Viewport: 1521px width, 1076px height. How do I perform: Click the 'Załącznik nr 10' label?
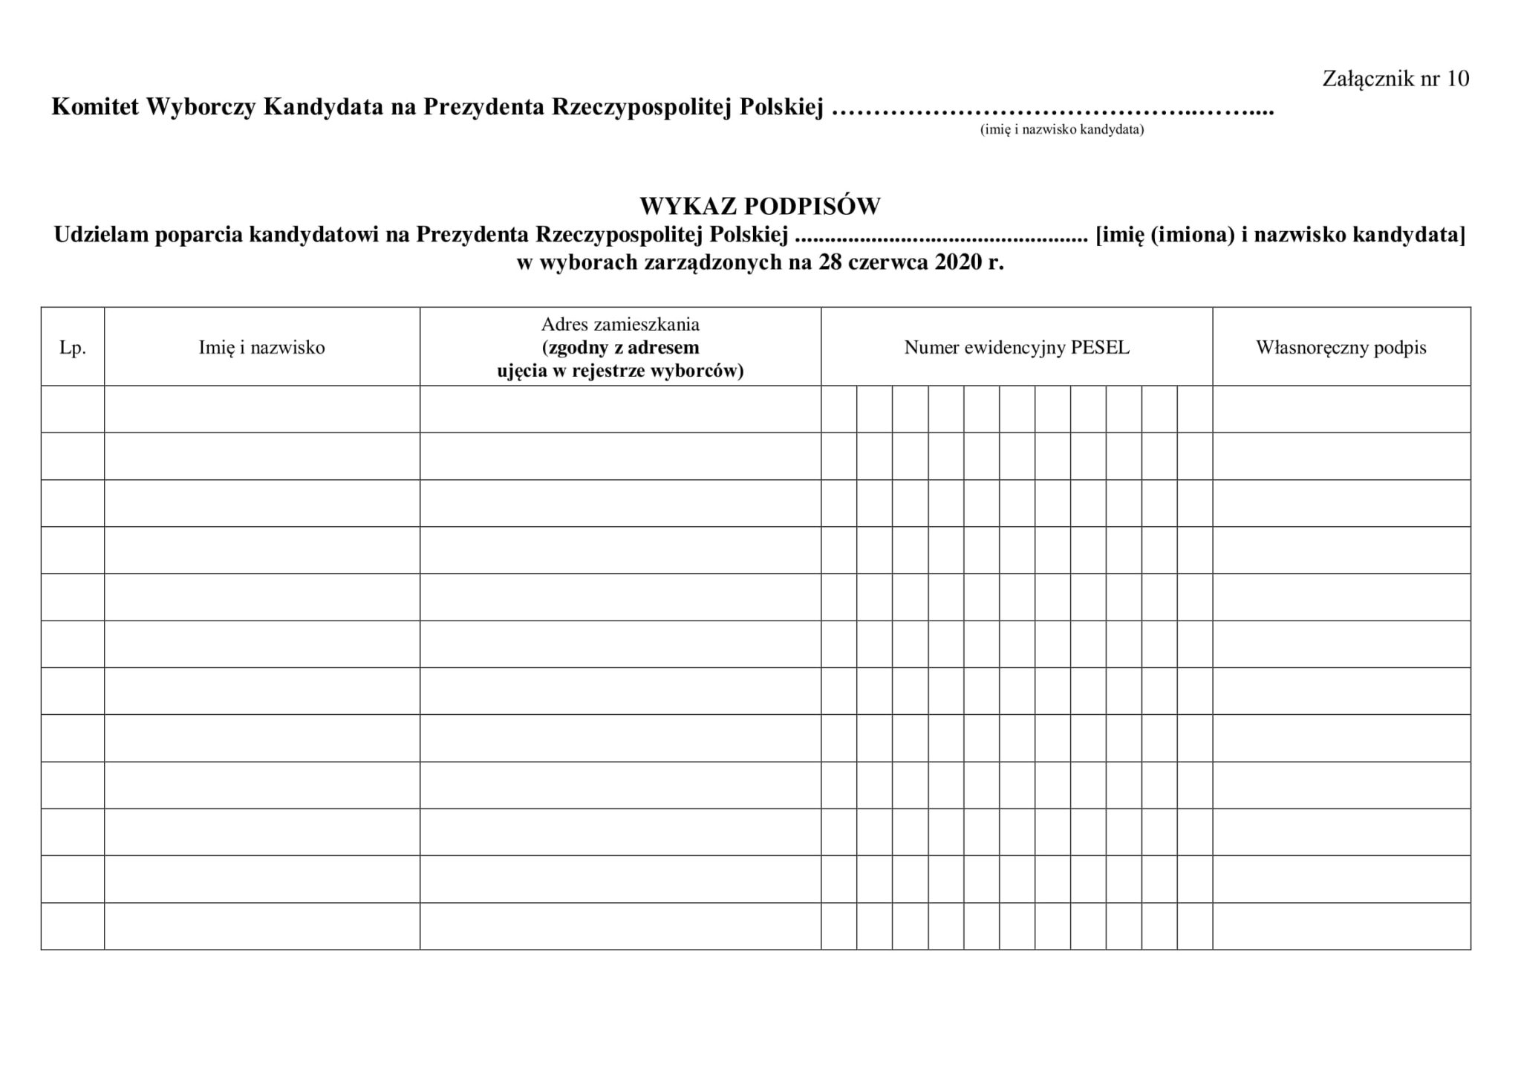point(1395,79)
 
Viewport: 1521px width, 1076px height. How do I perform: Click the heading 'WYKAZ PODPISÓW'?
point(760,206)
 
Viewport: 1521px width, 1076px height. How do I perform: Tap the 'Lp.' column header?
point(73,348)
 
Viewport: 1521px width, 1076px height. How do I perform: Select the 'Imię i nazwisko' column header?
point(261,348)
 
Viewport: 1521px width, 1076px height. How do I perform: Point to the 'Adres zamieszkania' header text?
point(620,325)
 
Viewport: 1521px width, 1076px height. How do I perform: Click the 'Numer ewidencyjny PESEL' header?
point(1016,348)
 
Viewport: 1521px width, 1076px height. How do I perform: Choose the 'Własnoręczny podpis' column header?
point(1341,348)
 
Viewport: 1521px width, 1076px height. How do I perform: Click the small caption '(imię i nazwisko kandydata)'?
point(1061,130)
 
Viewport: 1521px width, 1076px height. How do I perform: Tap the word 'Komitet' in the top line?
point(94,108)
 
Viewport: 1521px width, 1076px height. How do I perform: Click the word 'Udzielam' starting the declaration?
point(101,235)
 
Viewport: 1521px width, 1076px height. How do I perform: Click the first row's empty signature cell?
point(1341,409)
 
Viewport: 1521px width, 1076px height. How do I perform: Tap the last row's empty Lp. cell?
point(73,926)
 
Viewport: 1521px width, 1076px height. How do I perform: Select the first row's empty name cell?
point(261,409)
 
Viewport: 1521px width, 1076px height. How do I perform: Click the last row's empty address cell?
point(620,926)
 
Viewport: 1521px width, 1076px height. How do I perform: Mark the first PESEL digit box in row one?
point(838,409)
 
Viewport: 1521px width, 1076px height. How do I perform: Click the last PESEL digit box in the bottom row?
point(1194,926)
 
